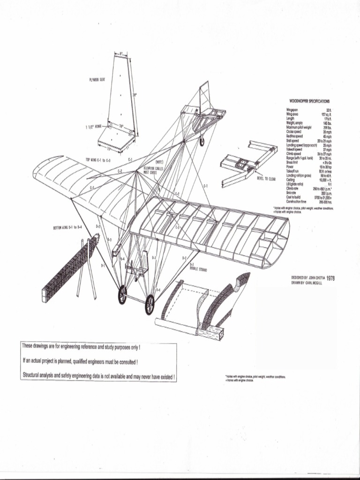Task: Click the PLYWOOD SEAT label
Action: (97, 80)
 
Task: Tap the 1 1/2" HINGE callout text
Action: (93, 127)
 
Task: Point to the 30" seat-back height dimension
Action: (135, 95)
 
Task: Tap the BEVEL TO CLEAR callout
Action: (266, 179)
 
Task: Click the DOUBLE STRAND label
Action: (199, 270)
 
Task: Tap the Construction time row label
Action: (297, 201)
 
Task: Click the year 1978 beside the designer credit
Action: (330, 277)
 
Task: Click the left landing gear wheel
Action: (122, 294)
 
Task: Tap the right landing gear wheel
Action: (150, 305)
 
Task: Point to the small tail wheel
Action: (202, 141)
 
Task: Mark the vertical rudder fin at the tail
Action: (205, 96)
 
